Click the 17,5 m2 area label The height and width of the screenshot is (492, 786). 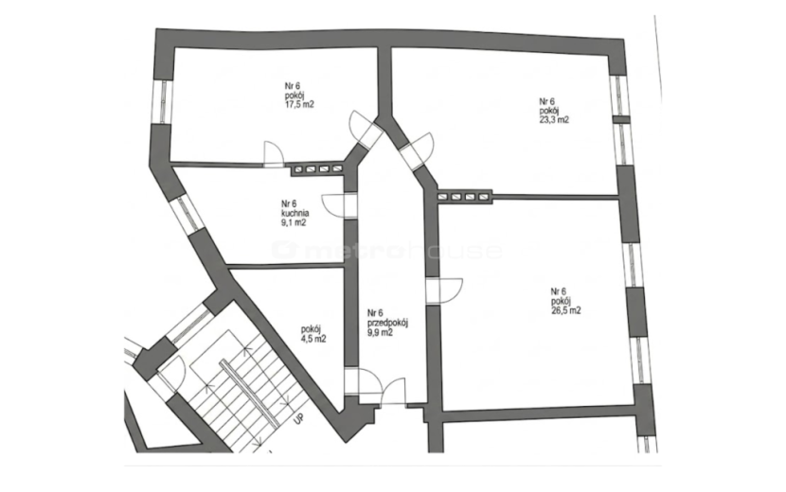[299, 105]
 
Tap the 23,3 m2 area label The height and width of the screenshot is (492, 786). [554, 120]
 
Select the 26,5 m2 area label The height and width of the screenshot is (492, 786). [566, 310]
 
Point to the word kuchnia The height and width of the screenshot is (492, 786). [295, 213]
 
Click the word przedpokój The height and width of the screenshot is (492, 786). [387, 323]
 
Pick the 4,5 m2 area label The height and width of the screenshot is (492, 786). [313, 338]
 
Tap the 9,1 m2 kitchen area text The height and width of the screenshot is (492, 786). [294, 222]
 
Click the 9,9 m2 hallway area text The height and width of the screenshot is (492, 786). [380, 332]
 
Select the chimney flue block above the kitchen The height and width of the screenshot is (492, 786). [317, 168]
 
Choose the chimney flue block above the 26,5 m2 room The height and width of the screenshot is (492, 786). [464, 197]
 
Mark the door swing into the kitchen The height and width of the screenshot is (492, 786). [332, 205]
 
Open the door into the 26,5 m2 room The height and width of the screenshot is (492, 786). [450, 290]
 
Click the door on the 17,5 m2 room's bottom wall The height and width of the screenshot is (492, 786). [274, 151]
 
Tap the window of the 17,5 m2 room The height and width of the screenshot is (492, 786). [164, 100]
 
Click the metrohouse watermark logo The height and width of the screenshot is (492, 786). [386, 250]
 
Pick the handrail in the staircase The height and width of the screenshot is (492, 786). [249, 394]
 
